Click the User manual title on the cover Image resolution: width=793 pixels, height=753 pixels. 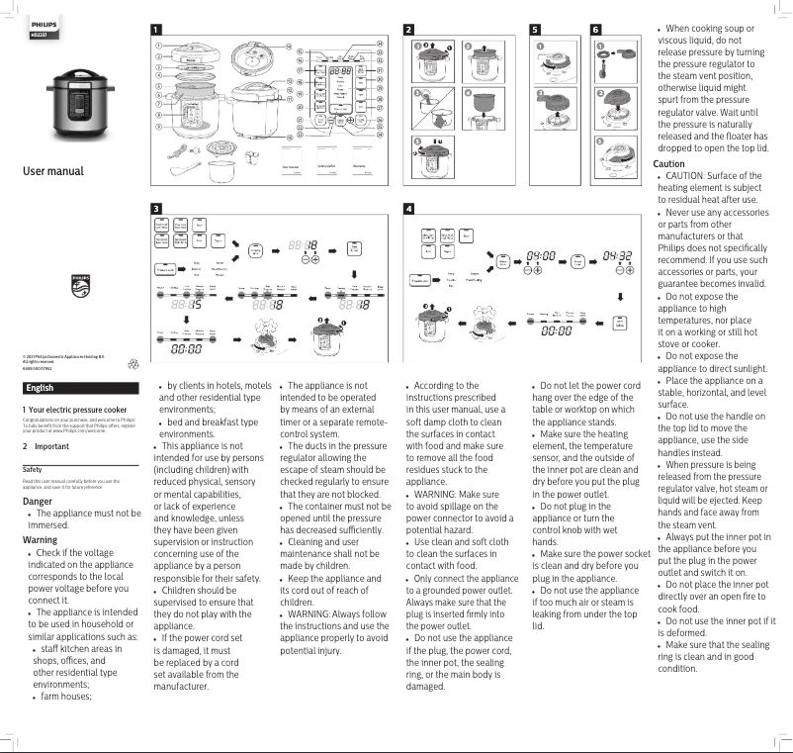point(53,172)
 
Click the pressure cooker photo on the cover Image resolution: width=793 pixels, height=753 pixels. point(81,103)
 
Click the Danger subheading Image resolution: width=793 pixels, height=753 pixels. point(38,502)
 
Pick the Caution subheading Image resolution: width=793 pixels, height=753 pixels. point(669,163)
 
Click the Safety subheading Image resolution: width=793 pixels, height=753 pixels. point(32,468)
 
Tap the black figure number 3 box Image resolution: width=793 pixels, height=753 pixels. point(157,209)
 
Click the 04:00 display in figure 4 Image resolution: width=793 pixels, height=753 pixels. point(541,254)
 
